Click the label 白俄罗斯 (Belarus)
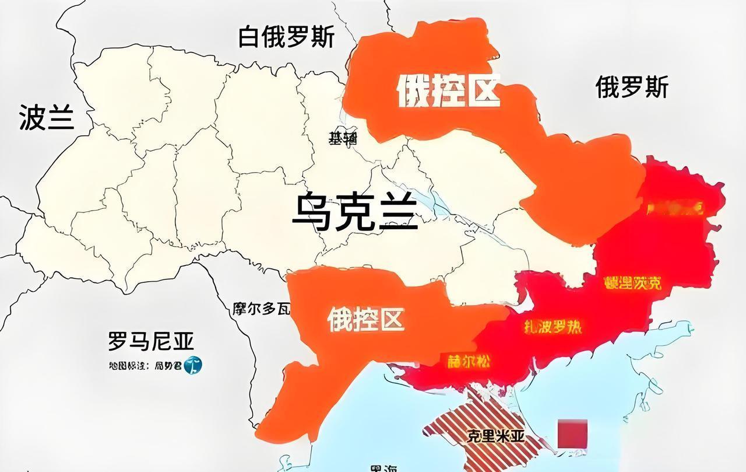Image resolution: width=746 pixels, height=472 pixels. pos(287,38)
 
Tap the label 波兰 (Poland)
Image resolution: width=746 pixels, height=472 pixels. pos(47,117)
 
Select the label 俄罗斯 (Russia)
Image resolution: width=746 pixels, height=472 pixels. pos(632,88)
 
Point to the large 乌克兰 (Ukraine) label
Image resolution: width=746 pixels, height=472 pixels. pos(355,212)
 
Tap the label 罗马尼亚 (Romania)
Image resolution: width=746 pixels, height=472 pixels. pos(151,341)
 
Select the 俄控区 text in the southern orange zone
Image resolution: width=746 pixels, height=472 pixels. pos(365,319)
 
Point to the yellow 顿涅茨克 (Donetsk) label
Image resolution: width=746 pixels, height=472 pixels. pos(633,283)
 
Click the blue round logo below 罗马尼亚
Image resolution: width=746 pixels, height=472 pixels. pos(193,366)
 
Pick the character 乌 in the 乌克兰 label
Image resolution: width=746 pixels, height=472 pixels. pos(312,212)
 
